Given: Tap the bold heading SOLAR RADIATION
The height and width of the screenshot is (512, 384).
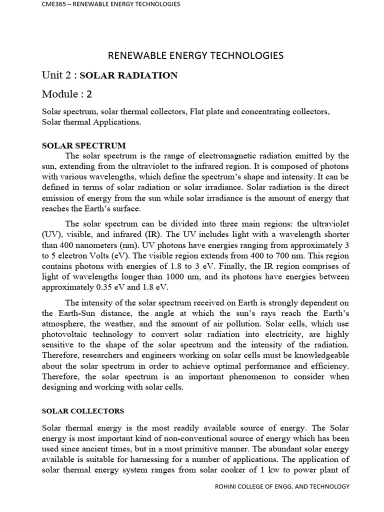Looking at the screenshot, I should [128, 75].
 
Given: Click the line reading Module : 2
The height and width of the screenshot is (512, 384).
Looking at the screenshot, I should [67, 94].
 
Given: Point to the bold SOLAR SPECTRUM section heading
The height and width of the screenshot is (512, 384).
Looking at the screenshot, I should [84, 145].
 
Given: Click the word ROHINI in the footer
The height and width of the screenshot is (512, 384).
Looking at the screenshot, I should [227, 486].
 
